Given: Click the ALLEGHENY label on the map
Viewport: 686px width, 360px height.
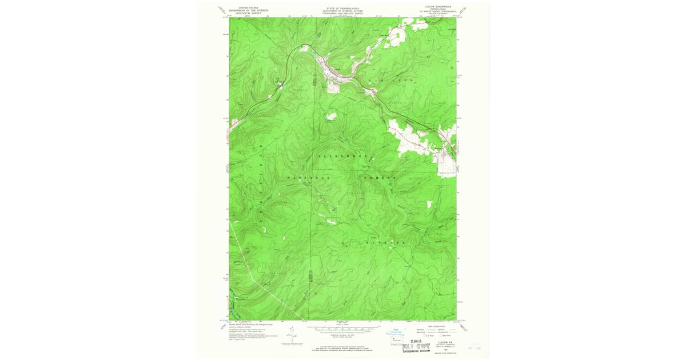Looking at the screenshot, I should [x=341, y=155].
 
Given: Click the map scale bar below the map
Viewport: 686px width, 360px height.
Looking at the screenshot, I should [x=344, y=330].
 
